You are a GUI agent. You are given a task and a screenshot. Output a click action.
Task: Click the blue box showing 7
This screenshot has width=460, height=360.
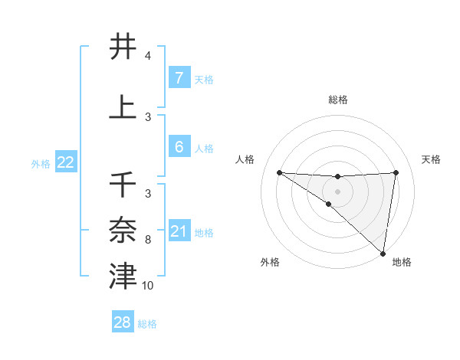click(179, 78)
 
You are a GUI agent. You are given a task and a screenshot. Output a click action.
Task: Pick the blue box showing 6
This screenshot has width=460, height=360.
click(179, 147)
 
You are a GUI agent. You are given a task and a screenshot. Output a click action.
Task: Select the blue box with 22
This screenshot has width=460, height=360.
click(66, 162)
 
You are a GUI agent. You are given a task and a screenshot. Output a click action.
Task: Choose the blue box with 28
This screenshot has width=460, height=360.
click(123, 322)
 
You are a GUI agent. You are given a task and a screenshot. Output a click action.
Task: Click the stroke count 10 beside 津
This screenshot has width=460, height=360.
click(148, 286)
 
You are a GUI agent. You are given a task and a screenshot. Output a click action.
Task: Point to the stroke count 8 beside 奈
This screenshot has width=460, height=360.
click(147, 240)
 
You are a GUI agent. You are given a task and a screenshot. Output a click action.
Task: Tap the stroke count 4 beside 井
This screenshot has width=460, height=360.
click(147, 57)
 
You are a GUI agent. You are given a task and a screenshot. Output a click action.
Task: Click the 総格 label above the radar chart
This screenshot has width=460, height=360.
click(338, 100)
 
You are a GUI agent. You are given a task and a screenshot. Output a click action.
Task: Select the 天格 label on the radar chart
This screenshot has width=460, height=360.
click(432, 159)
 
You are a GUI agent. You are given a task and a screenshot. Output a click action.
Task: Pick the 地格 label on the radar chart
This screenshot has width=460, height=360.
click(402, 262)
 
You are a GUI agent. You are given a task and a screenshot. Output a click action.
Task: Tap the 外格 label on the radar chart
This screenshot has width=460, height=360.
click(270, 262)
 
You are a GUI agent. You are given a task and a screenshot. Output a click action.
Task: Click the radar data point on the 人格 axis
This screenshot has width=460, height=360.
click(279, 172)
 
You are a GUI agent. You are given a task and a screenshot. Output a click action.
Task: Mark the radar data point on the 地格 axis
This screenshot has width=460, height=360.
click(383, 254)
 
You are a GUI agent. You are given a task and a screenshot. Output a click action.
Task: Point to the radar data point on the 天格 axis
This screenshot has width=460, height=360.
click(396, 172)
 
